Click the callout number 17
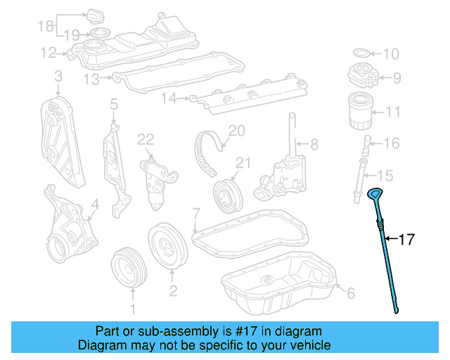pyautogui.click(x=407, y=239)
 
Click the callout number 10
pyautogui.click(x=391, y=53)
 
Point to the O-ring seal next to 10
pyautogui.click(x=359, y=53)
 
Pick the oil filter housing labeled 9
pyautogui.click(x=363, y=77)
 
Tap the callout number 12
pyautogui.click(x=48, y=51)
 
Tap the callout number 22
pyautogui.click(x=146, y=139)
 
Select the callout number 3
pyautogui.click(x=58, y=75)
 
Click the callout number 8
pyautogui.click(x=314, y=144)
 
